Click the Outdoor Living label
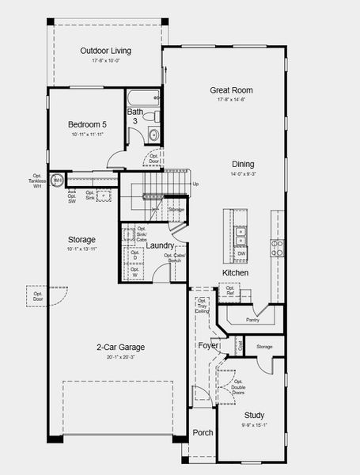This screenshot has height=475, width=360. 106,51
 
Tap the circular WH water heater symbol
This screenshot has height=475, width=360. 58,180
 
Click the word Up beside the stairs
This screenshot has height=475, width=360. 195,184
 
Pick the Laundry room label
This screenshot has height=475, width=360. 160,246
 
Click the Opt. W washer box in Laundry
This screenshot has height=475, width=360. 135,272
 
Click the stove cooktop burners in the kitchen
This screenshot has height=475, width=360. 276,248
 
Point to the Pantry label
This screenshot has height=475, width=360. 253,320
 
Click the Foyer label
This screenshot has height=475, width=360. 208,345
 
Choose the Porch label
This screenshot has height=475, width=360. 203,433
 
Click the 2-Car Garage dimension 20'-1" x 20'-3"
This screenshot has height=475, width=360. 121,357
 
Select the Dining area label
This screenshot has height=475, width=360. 243,164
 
